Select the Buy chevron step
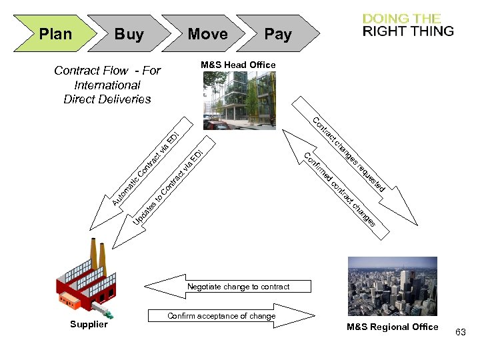pos(129,34)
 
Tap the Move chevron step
pos(207,34)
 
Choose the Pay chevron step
pos(277,34)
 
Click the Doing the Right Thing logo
pos(408,25)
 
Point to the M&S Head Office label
pos(238,65)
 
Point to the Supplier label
pos(89,325)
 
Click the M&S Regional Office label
pos(392,327)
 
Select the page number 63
pos(461,331)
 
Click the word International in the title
pos(107,85)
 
